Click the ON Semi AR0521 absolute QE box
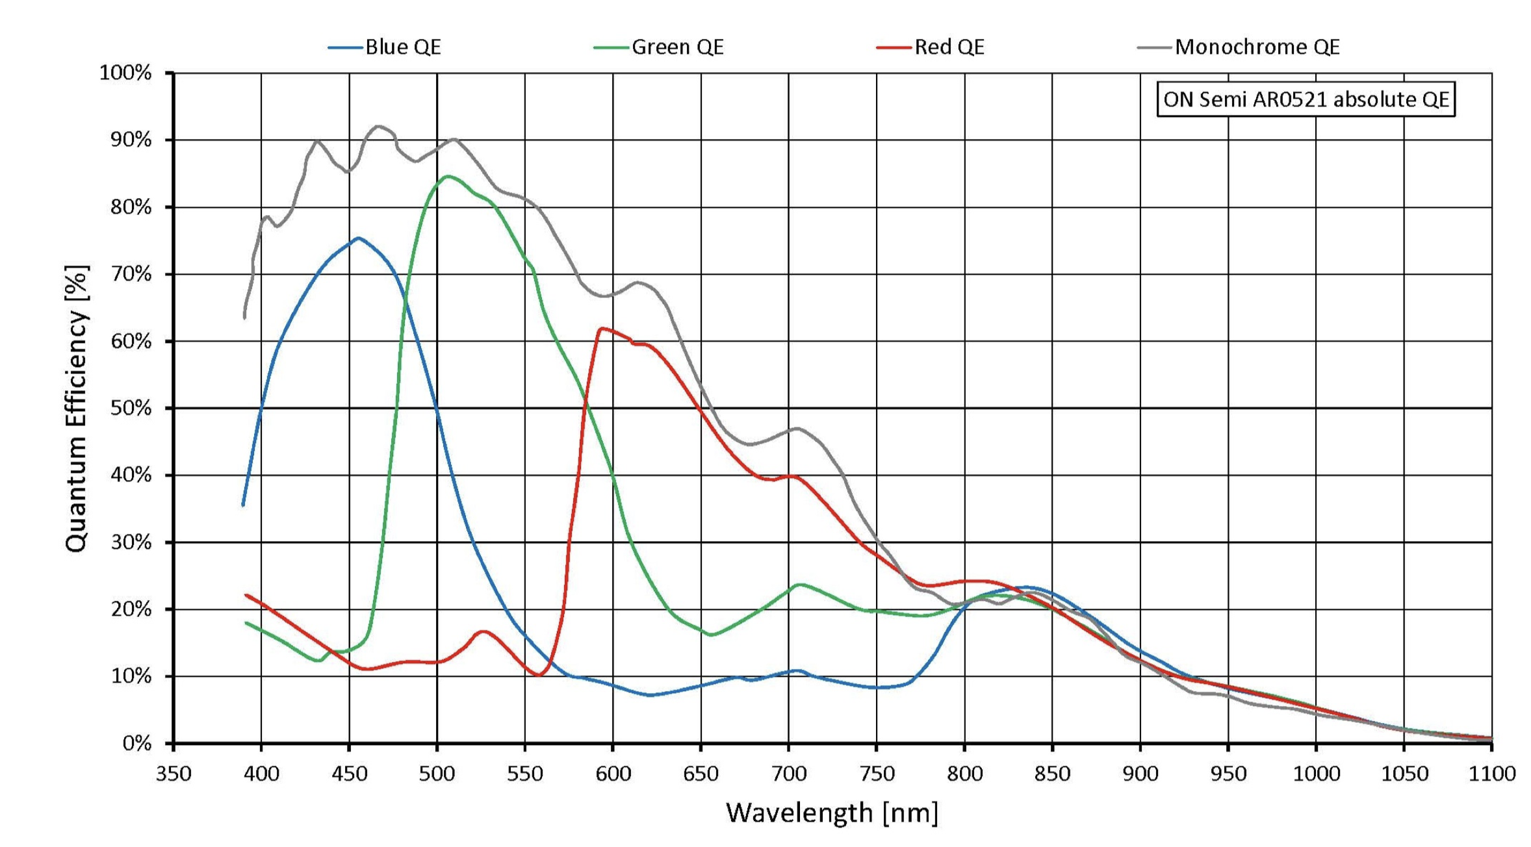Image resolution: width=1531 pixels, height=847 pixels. coord(1306,99)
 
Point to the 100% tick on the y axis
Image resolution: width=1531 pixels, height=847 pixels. coord(125,73)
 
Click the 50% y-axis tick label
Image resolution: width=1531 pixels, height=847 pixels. coord(131,408)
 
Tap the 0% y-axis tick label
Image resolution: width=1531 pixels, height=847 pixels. coord(136,743)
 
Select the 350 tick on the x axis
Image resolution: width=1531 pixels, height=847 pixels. coord(174,774)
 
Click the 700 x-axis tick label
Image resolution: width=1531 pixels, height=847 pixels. coord(788,774)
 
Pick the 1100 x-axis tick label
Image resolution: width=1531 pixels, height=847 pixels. coord(1491,774)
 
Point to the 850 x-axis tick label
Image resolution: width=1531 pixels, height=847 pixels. coord(1052,774)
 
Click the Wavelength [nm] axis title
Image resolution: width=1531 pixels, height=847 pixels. coord(832,813)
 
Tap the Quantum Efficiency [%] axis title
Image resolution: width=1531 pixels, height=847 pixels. coord(76,408)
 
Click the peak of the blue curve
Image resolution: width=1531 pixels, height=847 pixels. coord(358,238)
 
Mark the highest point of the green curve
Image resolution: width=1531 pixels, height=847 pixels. coord(448,177)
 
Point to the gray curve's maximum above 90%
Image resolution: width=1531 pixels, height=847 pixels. coord(378,127)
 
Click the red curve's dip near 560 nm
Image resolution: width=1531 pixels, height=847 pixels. coord(539,675)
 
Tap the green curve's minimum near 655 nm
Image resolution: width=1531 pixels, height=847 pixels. coord(712,635)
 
